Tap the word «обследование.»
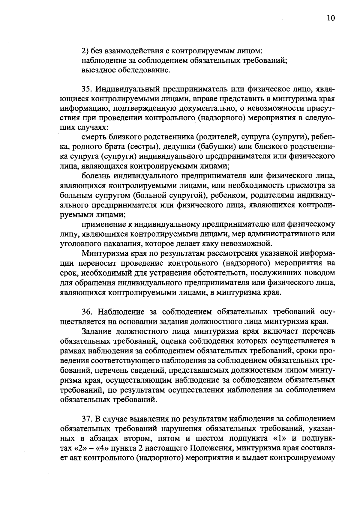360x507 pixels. tap(146, 70)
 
